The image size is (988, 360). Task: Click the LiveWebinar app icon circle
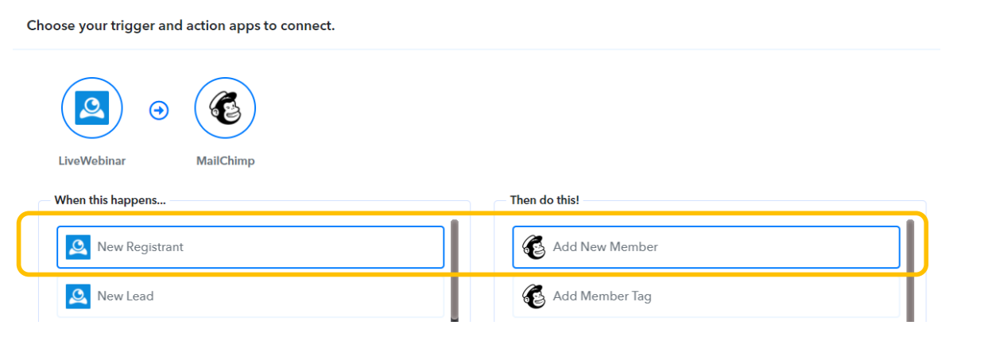(92, 108)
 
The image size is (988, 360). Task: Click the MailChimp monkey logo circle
(225, 108)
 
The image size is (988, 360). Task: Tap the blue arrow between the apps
(159, 110)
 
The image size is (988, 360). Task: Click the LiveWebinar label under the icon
(92, 161)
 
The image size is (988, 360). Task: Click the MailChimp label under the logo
(225, 161)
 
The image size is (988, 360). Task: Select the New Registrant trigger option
(250, 247)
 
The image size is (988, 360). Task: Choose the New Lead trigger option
(250, 296)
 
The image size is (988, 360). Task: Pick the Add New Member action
(705, 247)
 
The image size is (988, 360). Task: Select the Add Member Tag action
(705, 296)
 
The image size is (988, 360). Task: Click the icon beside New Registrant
(78, 247)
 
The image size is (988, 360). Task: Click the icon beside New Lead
(78, 296)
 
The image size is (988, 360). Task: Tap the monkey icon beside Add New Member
(534, 247)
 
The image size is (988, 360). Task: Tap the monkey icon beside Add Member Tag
(534, 296)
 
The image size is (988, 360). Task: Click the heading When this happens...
(110, 200)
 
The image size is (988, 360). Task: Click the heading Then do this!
(544, 200)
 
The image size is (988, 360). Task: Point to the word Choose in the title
(47, 25)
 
